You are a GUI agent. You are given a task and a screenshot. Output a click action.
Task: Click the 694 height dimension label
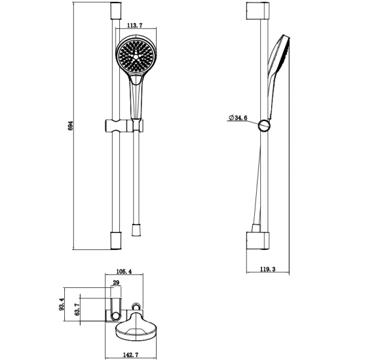click(x=71, y=126)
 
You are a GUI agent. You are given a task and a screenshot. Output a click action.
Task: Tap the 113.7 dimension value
click(x=135, y=25)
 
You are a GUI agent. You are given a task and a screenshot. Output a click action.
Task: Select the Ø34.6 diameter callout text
click(x=238, y=118)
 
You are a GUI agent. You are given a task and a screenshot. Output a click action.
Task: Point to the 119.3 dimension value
click(x=268, y=269)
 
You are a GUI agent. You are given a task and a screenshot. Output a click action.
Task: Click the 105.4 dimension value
click(x=124, y=272)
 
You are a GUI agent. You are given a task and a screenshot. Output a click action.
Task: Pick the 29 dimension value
click(x=116, y=283)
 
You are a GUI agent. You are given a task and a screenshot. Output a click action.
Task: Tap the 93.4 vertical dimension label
click(x=62, y=304)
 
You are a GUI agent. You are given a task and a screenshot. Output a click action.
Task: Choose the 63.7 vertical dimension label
click(x=77, y=310)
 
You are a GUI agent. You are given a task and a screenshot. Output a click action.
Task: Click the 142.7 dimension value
click(x=130, y=355)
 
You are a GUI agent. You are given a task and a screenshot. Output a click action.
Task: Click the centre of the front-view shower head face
click(x=136, y=57)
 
